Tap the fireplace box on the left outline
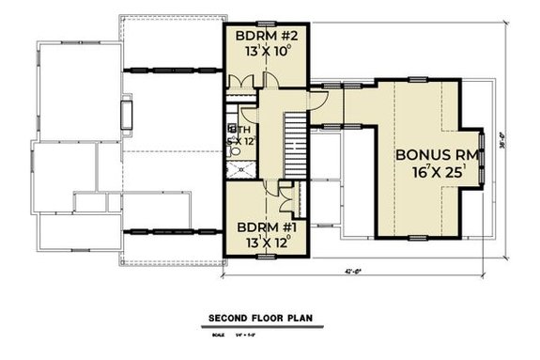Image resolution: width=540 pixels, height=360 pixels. coord(125,115)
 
